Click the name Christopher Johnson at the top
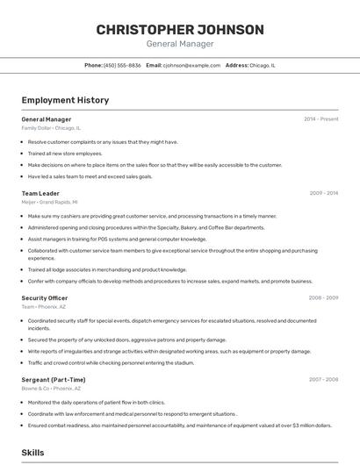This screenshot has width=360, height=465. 179,30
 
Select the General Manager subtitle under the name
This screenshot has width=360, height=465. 179,44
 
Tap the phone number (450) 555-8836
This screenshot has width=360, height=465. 122,65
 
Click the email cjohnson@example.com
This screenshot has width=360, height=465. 191,65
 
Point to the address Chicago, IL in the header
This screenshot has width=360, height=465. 262,65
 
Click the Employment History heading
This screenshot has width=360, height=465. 65,100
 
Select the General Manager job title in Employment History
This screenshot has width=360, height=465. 47,118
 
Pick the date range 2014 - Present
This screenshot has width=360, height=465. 321,118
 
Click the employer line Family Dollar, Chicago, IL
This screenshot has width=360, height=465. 51,127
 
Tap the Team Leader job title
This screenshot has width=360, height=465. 40,193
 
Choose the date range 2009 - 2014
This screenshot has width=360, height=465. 324,193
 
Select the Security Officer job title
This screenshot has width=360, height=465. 45,297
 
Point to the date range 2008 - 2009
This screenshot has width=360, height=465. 324,297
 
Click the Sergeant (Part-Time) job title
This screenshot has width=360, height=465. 54,379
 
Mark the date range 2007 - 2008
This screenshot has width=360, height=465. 324,379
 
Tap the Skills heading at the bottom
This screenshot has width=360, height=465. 33,453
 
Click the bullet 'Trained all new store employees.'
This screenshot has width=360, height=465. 65,153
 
